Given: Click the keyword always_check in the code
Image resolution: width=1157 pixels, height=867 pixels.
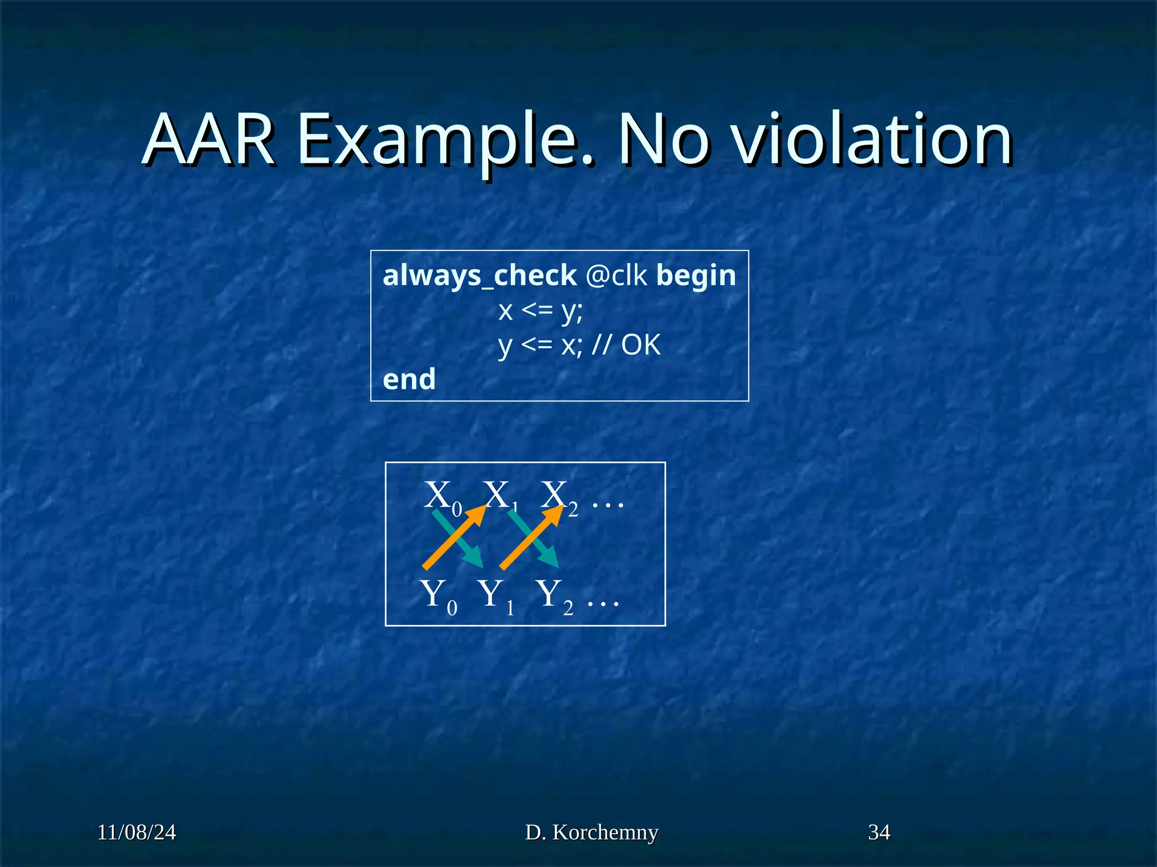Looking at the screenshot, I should pyautogui.click(x=479, y=275).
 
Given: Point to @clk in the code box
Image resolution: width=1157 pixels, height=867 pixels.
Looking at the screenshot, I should pyautogui.click(x=616, y=275).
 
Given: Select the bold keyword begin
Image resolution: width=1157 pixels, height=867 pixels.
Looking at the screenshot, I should pyautogui.click(x=696, y=275).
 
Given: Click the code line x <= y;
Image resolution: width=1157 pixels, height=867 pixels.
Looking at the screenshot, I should pyautogui.click(x=540, y=310).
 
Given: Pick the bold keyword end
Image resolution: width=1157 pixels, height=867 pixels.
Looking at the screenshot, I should pyautogui.click(x=409, y=379).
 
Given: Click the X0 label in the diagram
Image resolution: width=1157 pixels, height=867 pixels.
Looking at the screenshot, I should pyautogui.click(x=442, y=497).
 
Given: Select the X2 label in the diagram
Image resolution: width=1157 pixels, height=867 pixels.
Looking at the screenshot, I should pyautogui.click(x=558, y=497).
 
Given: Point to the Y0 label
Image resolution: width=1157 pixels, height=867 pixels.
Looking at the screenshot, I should pyautogui.click(x=437, y=595).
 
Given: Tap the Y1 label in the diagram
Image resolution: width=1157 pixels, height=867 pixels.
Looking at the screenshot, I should pyautogui.click(x=495, y=595).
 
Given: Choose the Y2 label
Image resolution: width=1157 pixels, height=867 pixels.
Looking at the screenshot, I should pyautogui.click(x=554, y=595).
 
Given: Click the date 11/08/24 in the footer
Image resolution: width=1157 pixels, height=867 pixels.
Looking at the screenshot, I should pyautogui.click(x=136, y=833).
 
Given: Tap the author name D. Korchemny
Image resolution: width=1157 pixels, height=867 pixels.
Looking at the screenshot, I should pyautogui.click(x=591, y=833).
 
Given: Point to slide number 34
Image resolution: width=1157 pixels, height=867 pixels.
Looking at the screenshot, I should pyautogui.click(x=879, y=833).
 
